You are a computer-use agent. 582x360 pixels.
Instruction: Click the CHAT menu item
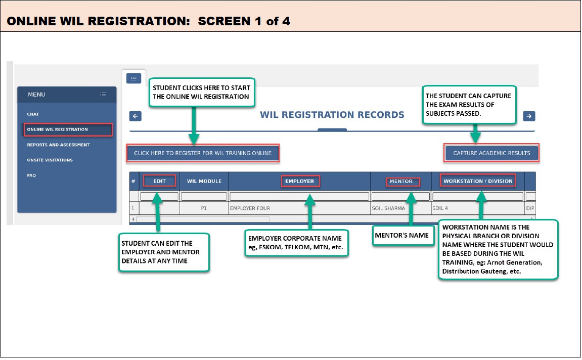[33, 114]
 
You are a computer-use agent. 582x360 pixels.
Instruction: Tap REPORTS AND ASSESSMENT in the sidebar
[58, 145]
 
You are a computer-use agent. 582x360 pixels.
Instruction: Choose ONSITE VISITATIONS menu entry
[50, 160]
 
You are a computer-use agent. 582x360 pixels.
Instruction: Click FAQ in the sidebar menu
[31, 175]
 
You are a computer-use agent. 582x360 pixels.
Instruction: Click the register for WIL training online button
[203, 153]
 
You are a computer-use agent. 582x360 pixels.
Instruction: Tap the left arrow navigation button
[136, 116]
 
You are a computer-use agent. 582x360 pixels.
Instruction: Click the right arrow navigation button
[529, 116]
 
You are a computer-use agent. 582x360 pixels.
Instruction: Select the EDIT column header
[159, 181]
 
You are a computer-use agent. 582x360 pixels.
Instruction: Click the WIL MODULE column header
[204, 181]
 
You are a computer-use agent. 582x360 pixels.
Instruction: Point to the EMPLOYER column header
[300, 181]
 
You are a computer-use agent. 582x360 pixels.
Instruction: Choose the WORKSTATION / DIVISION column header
[478, 181]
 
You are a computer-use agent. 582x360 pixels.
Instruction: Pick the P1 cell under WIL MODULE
[204, 208]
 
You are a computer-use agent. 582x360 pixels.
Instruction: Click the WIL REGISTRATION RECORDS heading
[332, 115]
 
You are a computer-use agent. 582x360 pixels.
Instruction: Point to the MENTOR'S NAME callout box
[403, 235]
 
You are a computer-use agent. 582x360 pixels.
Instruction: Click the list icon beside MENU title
[103, 95]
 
